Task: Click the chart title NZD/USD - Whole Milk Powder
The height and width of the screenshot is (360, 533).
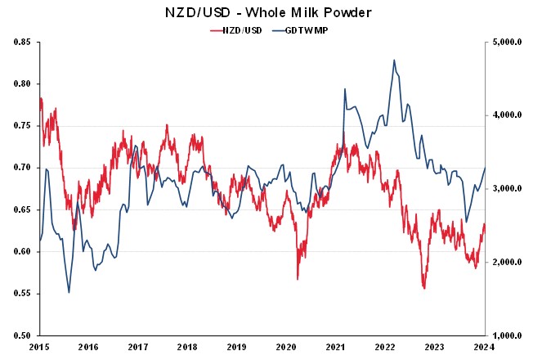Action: coord(266,12)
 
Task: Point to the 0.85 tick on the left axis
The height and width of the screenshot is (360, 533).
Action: coord(22,42)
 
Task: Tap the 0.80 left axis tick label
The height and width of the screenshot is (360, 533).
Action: coord(22,83)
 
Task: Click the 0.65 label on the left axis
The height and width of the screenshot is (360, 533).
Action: coord(22,209)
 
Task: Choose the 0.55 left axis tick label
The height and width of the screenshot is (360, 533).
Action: coord(22,293)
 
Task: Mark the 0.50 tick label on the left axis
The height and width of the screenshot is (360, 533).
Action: coord(22,335)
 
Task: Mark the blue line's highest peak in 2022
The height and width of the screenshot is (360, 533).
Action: coord(394,60)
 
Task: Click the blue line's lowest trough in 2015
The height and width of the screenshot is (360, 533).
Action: coord(69,292)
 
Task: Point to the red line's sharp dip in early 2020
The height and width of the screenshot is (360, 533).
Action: coord(298,279)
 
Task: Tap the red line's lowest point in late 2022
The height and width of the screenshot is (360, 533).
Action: coord(424,288)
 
